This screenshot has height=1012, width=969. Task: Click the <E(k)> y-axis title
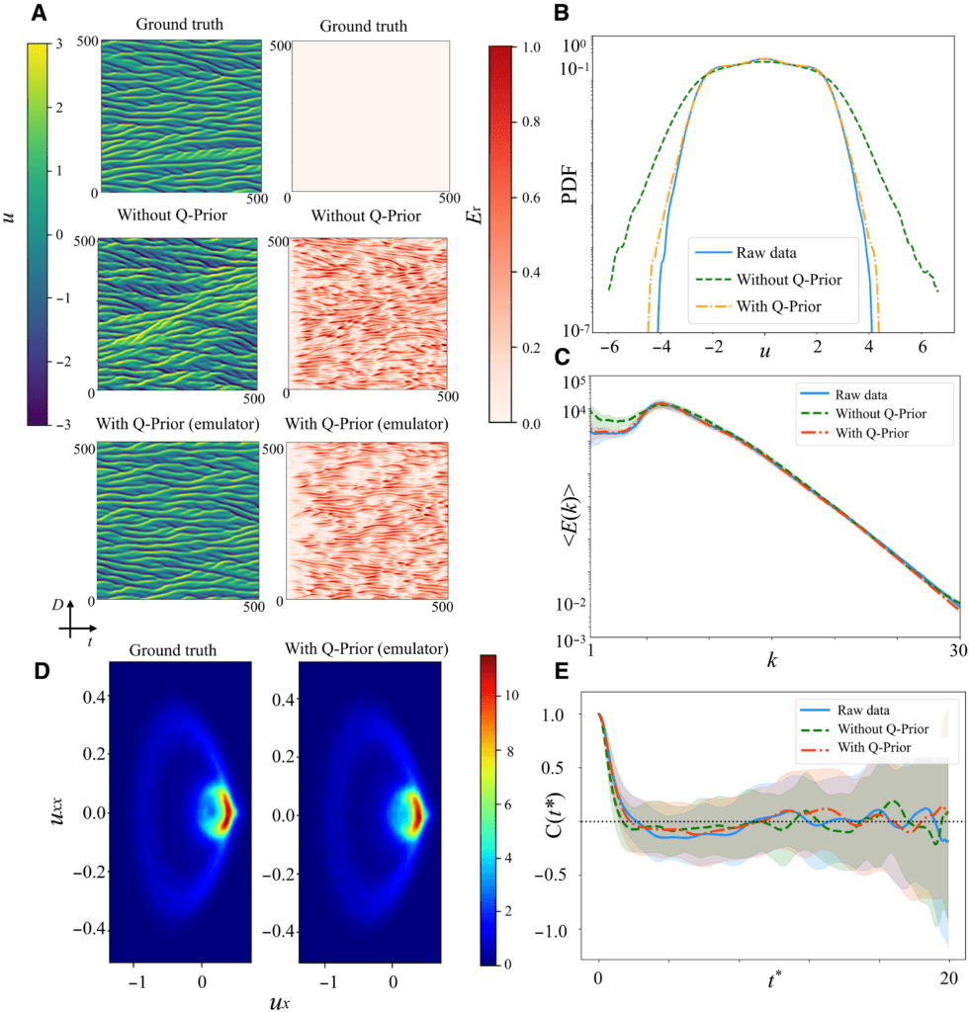(567, 510)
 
